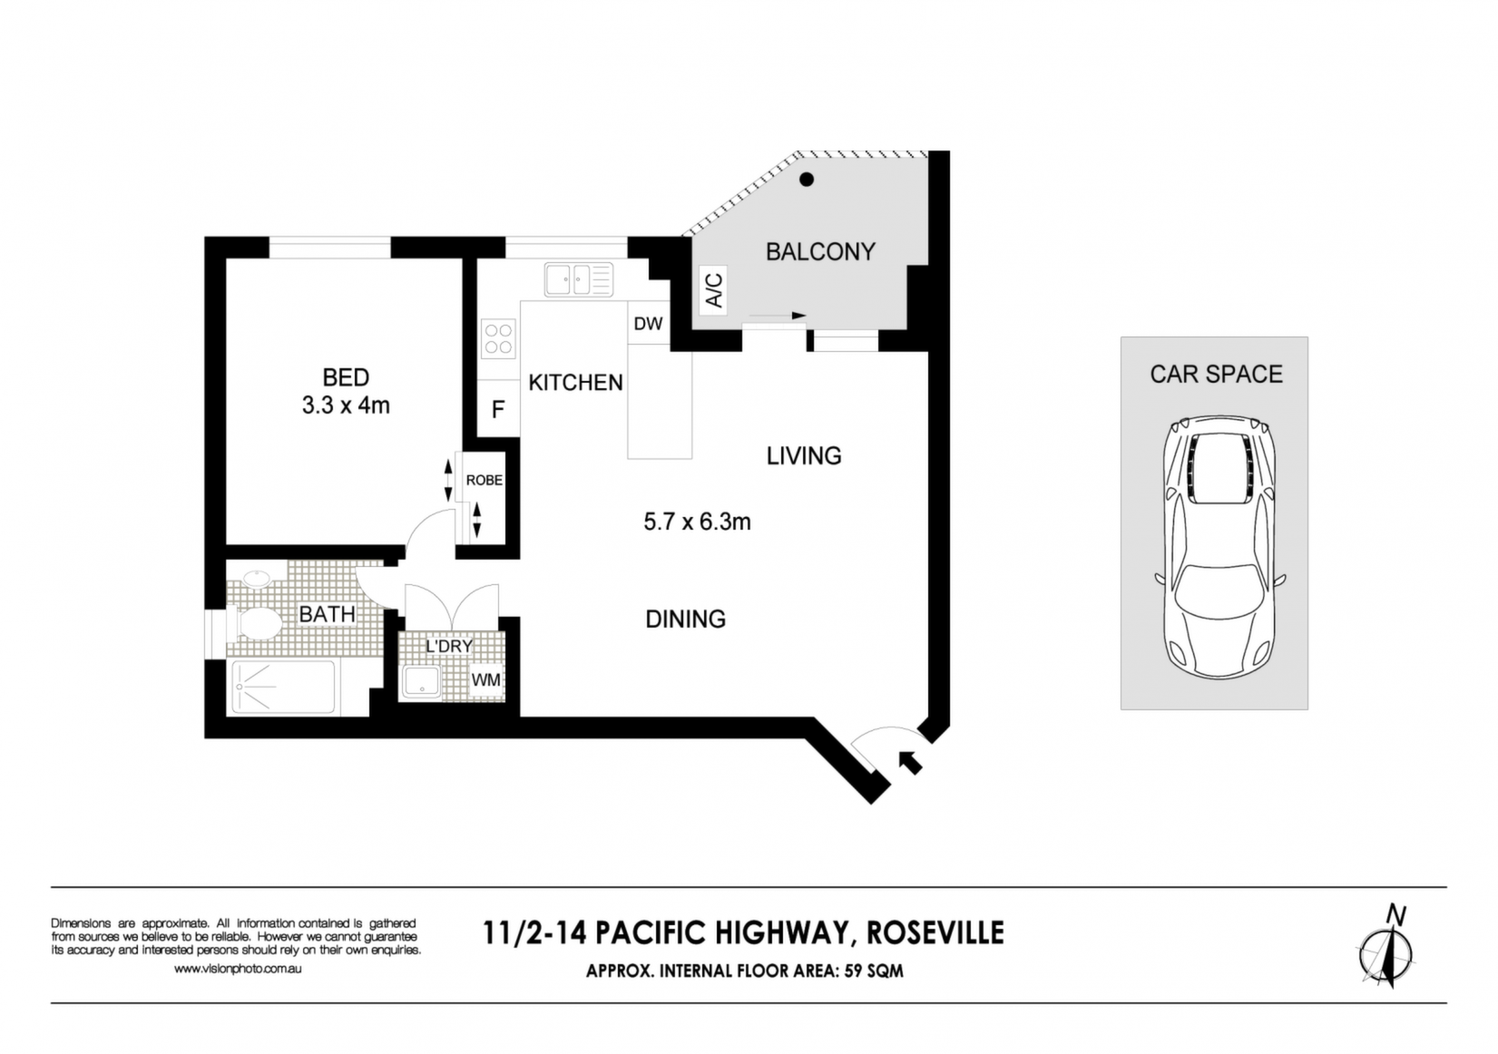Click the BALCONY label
pyautogui.click(x=820, y=252)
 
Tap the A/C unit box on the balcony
pyautogui.click(x=713, y=290)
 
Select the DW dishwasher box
pyautogui.click(x=648, y=324)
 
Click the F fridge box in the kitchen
pyautogui.click(x=498, y=408)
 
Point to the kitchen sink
pyautogui.click(x=579, y=279)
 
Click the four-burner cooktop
pyautogui.click(x=498, y=339)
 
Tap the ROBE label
pyautogui.click(x=485, y=480)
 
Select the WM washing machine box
pyautogui.click(x=486, y=680)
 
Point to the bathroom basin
pyautogui.click(x=256, y=579)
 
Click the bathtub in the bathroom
pyautogui.click(x=283, y=687)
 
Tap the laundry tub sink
pyautogui.click(x=421, y=681)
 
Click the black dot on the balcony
pyautogui.click(x=808, y=179)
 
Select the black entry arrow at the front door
pyautogui.click(x=910, y=762)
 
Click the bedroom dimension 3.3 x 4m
pyautogui.click(x=346, y=405)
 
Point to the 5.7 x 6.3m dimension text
pyautogui.click(x=697, y=522)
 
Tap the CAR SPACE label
pyautogui.click(x=1217, y=375)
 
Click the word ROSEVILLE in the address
pyautogui.click(x=935, y=933)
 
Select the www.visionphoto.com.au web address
pyautogui.click(x=238, y=969)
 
